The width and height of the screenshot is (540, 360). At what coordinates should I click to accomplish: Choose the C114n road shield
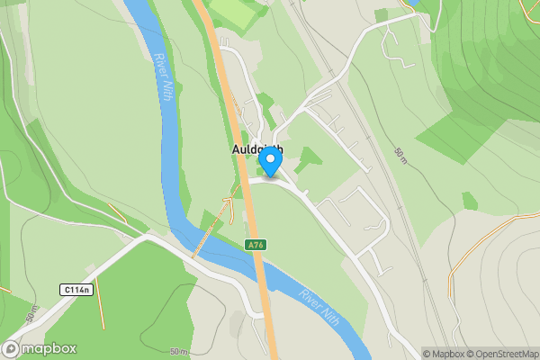77,289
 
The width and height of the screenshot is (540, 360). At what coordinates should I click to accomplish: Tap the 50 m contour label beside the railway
401,156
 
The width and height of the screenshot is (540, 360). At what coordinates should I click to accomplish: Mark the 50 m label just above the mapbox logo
34,317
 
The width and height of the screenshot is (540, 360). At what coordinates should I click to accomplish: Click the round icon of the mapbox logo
12,349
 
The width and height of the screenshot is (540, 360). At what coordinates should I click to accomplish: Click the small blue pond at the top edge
413,4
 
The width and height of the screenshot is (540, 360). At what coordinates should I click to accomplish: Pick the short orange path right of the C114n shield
101,302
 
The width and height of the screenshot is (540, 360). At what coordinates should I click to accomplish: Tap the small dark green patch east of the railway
470,202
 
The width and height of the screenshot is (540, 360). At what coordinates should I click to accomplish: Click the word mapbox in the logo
49,349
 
